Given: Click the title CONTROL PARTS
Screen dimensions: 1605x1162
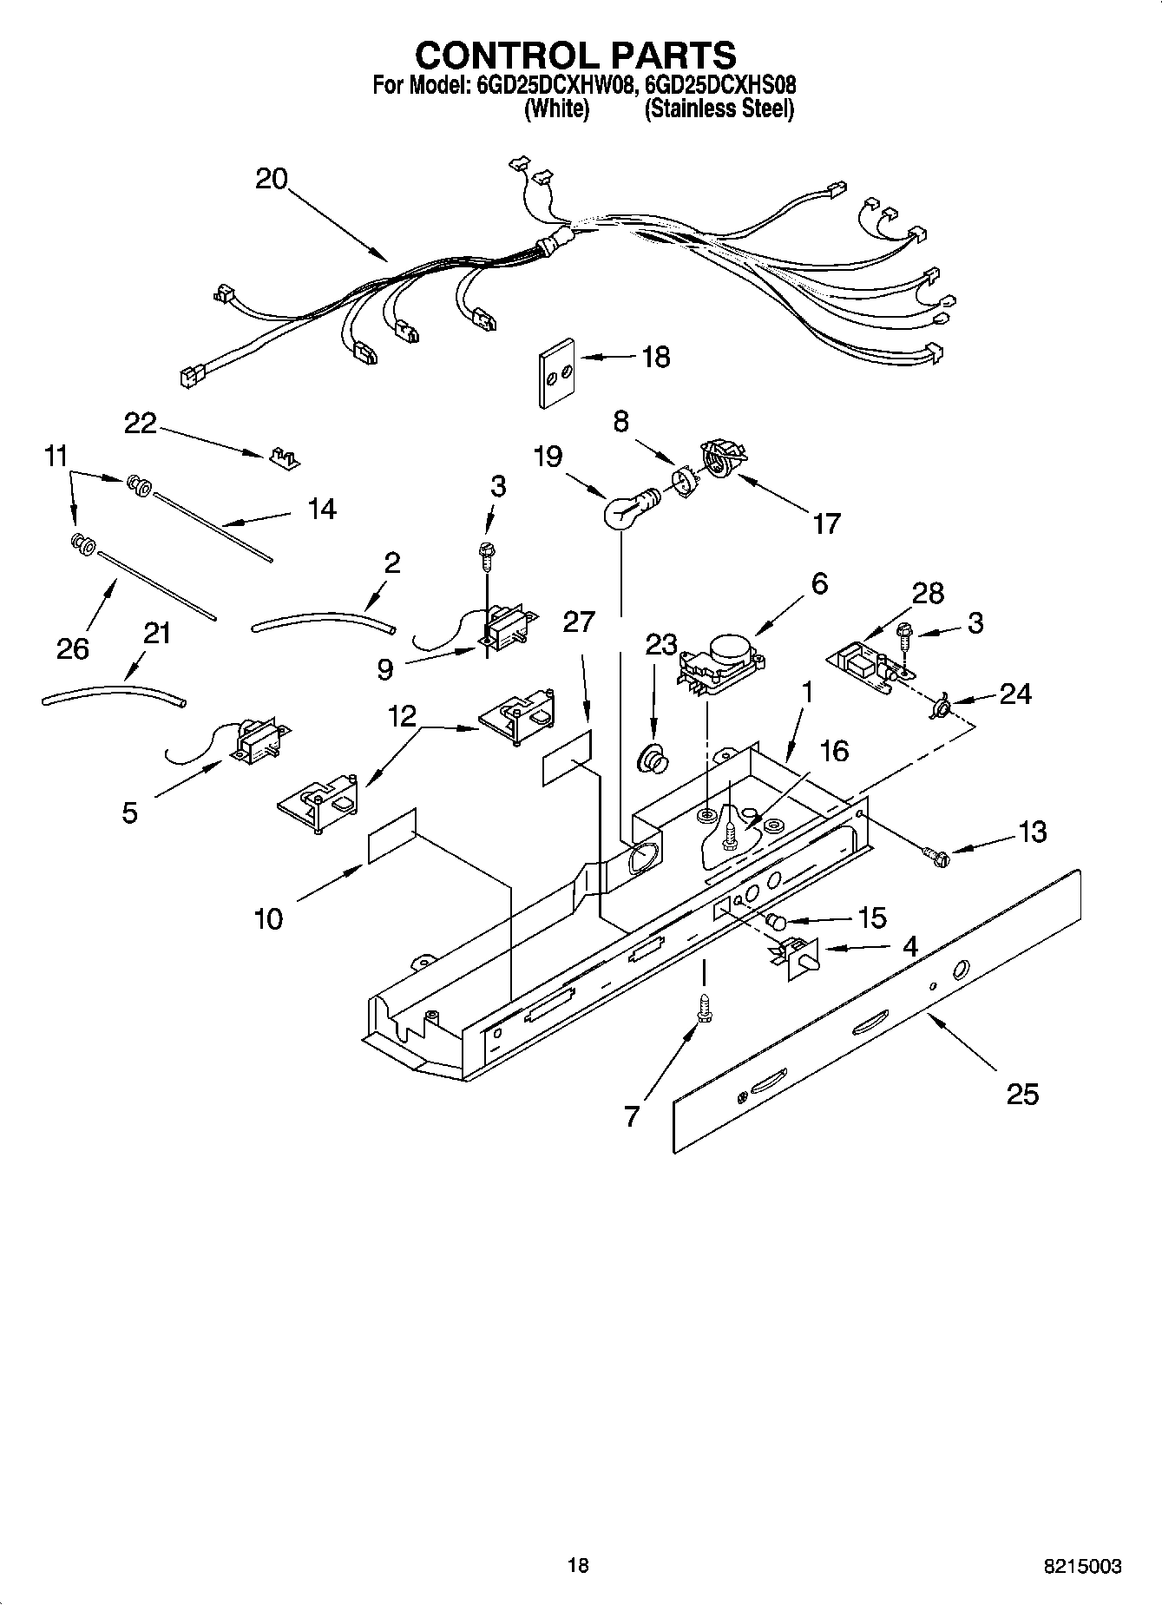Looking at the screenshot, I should coord(575,56).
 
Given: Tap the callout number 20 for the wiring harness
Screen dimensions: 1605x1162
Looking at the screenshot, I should coord(271,179).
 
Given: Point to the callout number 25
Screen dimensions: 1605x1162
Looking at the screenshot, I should coord(1022,1094).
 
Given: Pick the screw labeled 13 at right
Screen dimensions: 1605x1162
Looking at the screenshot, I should coord(939,857).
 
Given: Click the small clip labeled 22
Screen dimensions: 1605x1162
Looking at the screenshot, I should coord(281,458).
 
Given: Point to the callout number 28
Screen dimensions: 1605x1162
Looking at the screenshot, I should coord(928,594).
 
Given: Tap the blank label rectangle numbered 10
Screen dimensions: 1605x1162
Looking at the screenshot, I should coord(392,836).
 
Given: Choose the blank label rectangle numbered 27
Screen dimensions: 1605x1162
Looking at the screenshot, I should coord(568,758).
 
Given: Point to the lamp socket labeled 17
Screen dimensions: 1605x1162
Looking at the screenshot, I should coord(722,457).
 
